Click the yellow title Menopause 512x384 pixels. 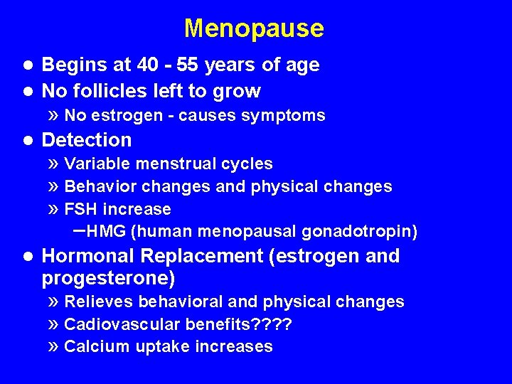(x=254, y=28)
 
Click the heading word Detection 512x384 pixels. (x=87, y=140)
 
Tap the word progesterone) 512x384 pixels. (x=109, y=277)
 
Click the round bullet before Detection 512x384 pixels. (x=28, y=140)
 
